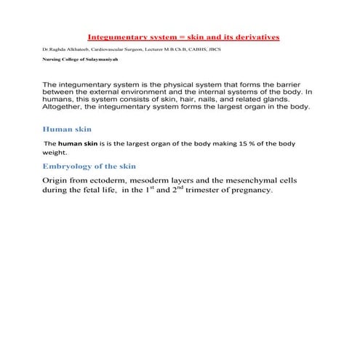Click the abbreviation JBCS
pos(232,49)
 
